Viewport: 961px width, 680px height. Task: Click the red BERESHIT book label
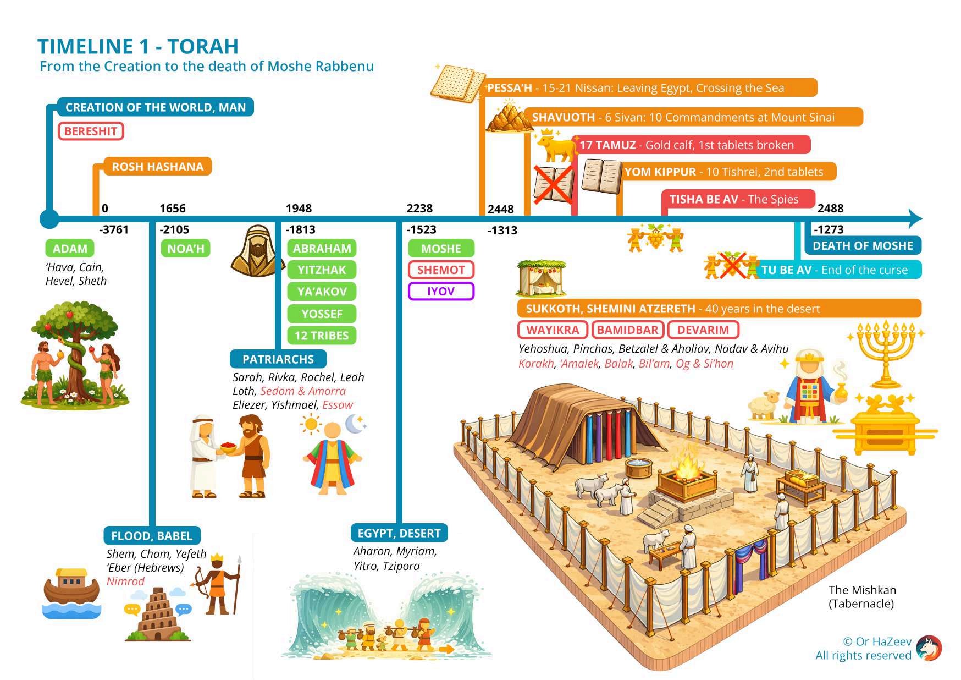pos(91,131)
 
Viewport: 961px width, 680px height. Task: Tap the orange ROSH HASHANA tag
pos(157,167)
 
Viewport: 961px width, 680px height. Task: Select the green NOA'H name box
pos(186,249)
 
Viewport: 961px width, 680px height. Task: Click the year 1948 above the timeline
pos(299,209)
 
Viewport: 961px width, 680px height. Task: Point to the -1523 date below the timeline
pos(421,230)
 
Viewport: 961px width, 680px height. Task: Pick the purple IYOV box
pos(441,292)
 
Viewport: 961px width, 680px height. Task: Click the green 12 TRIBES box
pos(322,336)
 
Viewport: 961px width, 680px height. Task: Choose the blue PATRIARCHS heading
pos(278,359)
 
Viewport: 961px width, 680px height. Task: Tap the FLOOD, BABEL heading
pos(152,536)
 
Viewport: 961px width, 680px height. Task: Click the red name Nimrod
pos(125,582)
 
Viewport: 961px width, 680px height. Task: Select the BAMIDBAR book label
pos(627,330)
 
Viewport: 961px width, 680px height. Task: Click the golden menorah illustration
pos(886,352)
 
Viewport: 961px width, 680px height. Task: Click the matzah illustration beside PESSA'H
pos(458,84)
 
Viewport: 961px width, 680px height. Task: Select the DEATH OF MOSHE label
pos(863,246)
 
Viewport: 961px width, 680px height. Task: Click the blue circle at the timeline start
pos(49,219)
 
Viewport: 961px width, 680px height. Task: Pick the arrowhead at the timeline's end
pos(915,218)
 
